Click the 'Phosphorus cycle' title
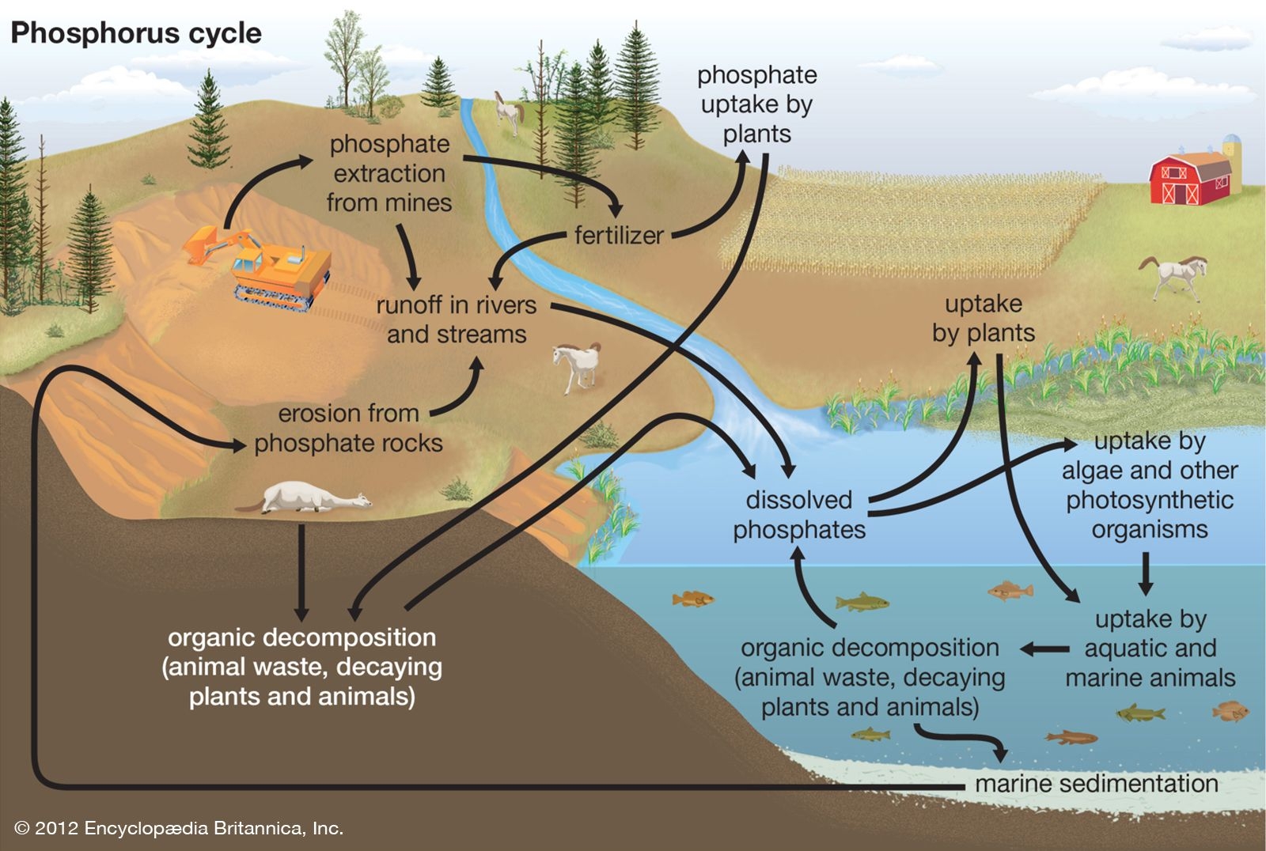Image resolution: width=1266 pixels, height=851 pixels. (135, 33)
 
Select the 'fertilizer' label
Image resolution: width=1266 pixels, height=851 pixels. (619, 235)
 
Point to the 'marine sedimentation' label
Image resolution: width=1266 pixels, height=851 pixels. (1096, 784)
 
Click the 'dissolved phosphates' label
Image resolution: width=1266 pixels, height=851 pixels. (799, 515)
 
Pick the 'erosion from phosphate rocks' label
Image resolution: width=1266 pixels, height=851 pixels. (348, 428)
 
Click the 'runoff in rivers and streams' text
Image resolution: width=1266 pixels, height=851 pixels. (457, 320)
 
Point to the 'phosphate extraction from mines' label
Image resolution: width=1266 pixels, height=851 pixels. (389, 173)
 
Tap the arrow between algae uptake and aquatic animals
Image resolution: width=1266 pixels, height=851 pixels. (1146, 573)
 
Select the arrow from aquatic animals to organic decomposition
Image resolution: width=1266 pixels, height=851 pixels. (1045, 649)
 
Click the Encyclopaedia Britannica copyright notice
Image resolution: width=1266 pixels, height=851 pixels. (179, 828)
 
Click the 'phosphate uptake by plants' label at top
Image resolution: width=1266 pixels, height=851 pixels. (756, 104)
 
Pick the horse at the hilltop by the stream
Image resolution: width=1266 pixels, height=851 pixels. (509, 112)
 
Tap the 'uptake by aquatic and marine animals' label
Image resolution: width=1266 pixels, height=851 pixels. (1150, 649)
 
